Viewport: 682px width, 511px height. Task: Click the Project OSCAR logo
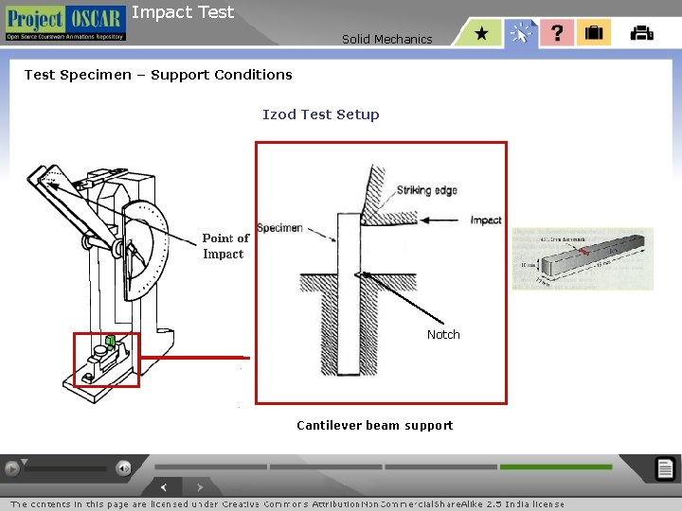(x=64, y=23)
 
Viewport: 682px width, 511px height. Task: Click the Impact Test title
(x=182, y=12)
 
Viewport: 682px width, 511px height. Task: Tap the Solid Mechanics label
(x=386, y=39)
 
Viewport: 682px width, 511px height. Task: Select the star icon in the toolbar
(x=482, y=33)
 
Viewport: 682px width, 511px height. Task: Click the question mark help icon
(x=557, y=33)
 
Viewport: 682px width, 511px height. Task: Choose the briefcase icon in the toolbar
(x=594, y=33)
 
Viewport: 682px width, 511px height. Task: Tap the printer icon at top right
(x=641, y=33)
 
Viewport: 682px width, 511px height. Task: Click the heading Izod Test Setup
(x=320, y=115)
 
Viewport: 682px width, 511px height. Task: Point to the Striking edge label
(x=426, y=190)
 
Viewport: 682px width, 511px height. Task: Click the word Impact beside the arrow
(x=486, y=220)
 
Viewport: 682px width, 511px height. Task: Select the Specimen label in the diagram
(x=279, y=228)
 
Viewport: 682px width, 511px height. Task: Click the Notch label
(x=443, y=335)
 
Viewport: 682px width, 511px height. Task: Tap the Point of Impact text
(x=225, y=246)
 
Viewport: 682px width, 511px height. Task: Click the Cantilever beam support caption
(x=374, y=425)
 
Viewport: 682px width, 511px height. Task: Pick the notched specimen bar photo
(x=582, y=256)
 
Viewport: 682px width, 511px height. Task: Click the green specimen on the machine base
(x=110, y=341)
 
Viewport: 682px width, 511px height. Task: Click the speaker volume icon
(x=123, y=467)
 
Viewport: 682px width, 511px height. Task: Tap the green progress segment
(x=556, y=467)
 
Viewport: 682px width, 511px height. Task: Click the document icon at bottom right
(x=665, y=467)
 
